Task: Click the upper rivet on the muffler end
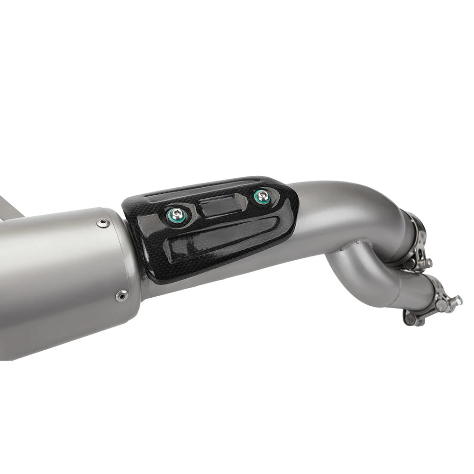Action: [102, 223]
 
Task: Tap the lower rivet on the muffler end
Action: [121, 296]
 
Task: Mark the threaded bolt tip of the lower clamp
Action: [458, 300]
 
